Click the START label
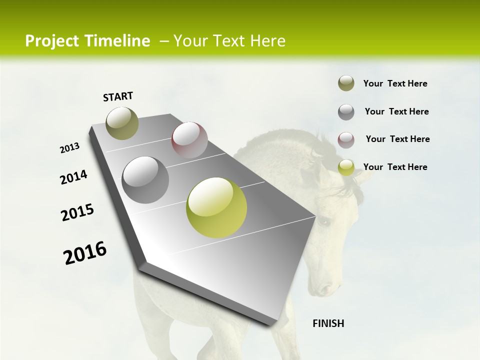click(118, 96)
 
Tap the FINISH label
click(328, 323)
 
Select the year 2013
click(69, 148)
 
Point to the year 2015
click(77, 212)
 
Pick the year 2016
click(85, 253)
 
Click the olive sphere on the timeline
click(122, 123)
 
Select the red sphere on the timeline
click(189, 140)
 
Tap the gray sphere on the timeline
click(145, 180)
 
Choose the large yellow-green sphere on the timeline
click(216, 207)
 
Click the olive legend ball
click(346, 83)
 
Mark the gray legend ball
click(346, 112)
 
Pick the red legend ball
click(346, 140)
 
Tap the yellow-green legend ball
click(346, 167)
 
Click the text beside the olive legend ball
click(395, 83)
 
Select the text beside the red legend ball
click(397, 139)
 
